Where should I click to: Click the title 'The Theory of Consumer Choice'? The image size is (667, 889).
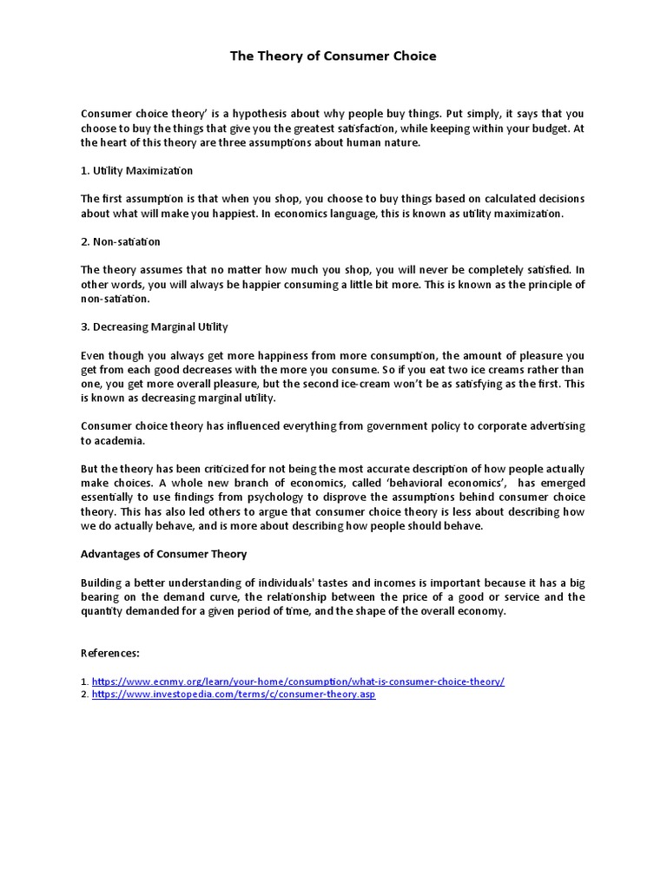coord(333,56)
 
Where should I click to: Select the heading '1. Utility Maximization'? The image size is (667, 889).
coord(136,171)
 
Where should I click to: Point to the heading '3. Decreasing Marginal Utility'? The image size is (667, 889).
coord(154,326)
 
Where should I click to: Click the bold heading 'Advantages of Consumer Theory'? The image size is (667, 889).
coord(163,554)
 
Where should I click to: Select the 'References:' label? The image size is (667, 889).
coord(110,653)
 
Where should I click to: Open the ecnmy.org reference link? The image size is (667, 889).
coord(297,682)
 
